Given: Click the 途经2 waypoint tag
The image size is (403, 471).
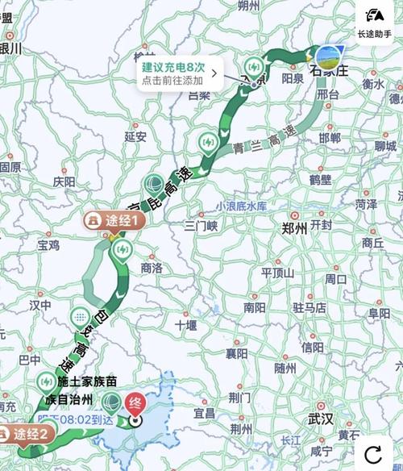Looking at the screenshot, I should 27,434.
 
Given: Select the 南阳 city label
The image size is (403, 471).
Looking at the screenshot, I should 255,306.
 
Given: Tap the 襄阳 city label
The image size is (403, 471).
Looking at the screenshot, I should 236,353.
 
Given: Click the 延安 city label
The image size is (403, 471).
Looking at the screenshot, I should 135,136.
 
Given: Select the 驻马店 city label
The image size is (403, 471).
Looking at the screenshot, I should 310,306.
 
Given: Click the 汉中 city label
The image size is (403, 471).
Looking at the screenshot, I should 40,305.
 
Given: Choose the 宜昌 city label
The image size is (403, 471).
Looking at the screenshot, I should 204,413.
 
